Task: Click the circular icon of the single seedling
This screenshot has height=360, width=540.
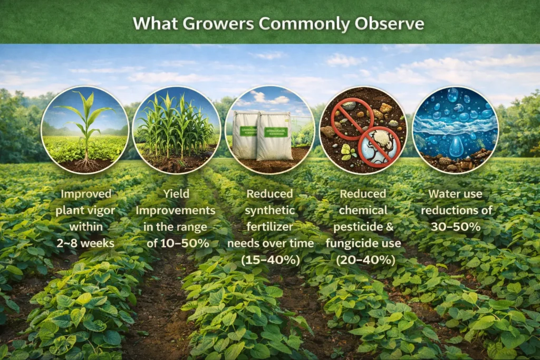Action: click(85, 130)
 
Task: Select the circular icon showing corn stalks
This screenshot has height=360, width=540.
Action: click(177, 130)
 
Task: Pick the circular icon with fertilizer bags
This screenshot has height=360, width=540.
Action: click(269, 130)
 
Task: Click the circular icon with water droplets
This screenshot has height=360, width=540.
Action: click(455, 130)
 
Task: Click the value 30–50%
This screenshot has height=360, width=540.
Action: click(455, 227)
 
